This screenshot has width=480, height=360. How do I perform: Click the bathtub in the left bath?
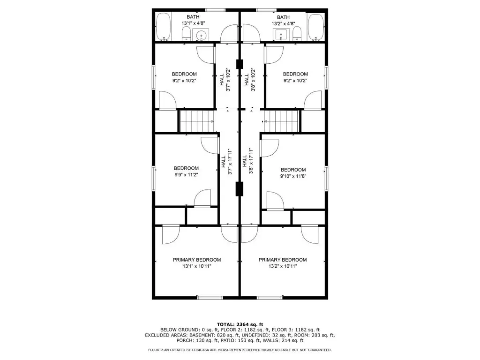(163, 27)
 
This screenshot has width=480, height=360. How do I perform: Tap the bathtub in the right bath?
(315, 27)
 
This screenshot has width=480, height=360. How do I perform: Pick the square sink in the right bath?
(281, 35)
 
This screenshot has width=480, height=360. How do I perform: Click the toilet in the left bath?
(186, 33)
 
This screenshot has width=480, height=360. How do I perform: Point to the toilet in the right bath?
(297, 33)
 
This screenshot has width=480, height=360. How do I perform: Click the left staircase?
(196, 121)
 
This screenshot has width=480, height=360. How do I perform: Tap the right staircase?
(281, 121)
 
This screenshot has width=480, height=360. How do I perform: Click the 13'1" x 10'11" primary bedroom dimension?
(197, 266)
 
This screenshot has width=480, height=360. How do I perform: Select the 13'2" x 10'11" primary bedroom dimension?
(283, 266)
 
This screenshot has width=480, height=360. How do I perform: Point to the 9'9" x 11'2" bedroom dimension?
(186, 175)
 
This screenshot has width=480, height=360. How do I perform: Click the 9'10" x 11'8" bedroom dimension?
(293, 176)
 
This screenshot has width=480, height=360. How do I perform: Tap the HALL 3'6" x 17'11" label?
(247, 161)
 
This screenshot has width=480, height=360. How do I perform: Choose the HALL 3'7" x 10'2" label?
(225, 80)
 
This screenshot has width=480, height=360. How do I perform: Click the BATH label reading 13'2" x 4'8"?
(283, 20)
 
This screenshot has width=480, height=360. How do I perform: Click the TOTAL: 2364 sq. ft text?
(240, 324)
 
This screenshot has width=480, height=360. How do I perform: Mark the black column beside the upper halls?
(240, 64)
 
